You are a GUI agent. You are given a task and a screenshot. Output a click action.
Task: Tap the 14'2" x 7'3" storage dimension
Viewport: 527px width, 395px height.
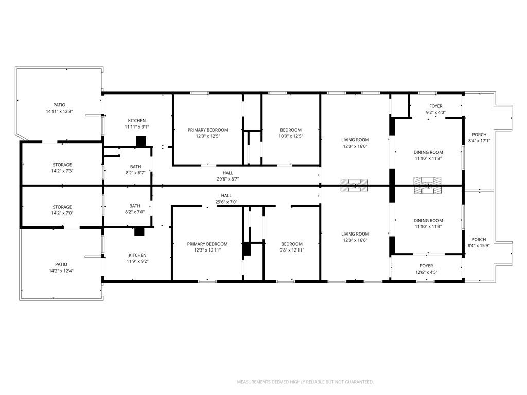coord(62,171)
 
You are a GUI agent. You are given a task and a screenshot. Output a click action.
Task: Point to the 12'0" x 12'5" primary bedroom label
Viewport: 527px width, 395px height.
coord(208,136)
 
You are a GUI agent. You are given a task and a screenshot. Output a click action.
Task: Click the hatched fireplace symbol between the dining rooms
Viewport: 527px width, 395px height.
coord(428,185)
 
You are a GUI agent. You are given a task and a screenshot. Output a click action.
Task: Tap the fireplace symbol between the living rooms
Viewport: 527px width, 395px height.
coord(355,186)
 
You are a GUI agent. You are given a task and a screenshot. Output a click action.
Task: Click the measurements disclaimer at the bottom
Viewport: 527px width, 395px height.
coord(305,382)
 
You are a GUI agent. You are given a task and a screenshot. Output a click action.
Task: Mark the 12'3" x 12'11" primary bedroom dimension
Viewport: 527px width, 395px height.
coord(207,250)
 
